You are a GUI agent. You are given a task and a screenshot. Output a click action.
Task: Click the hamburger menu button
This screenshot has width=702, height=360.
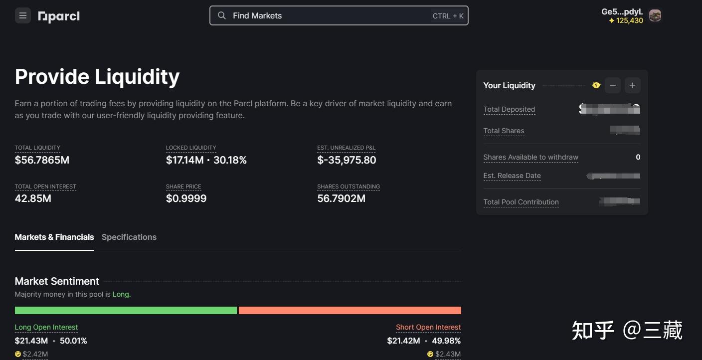pyautogui.click(x=22, y=16)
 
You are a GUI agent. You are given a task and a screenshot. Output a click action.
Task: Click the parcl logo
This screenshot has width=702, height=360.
pyautogui.click(x=59, y=16)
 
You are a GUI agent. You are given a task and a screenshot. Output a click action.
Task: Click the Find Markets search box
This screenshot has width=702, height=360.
pyautogui.click(x=339, y=15)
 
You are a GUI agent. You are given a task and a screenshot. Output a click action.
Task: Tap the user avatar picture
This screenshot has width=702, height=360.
pyautogui.click(x=655, y=15)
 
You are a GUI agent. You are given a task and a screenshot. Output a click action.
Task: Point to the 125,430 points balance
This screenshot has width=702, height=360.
pyautogui.click(x=626, y=20)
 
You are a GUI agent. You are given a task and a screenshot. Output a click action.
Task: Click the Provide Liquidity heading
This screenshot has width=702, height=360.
pyautogui.click(x=97, y=77)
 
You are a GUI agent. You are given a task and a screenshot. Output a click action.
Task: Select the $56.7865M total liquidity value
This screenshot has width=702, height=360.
pyautogui.click(x=42, y=160)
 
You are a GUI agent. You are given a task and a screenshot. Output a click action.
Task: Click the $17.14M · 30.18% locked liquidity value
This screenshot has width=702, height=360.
pyautogui.click(x=206, y=160)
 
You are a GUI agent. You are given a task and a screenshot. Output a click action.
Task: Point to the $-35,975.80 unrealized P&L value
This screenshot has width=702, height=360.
pyautogui.click(x=347, y=160)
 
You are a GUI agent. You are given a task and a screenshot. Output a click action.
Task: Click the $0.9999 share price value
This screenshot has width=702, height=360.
pyautogui.click(x=186, y=198)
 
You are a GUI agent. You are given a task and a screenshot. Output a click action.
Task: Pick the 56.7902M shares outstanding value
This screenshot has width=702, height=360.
pyautogui.click(x=341, y=198)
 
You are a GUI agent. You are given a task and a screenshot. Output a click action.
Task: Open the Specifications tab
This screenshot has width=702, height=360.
pyautogui.click(x=129, y=237)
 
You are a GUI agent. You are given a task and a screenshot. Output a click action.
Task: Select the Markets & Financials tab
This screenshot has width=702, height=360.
pyautogui.click(x=54, y=237)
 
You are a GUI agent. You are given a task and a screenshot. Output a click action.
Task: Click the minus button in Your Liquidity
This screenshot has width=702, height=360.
pyautogui.click(x=613, y=85)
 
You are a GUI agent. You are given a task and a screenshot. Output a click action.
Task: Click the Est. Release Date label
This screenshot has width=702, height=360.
pyautogui.click(x=512, y=176)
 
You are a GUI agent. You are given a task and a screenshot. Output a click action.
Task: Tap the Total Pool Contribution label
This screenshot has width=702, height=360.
pyautogui.click(x=521, y=202)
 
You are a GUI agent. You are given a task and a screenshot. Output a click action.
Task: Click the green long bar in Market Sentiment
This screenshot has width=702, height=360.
pyautogui.click(x=126, y=311)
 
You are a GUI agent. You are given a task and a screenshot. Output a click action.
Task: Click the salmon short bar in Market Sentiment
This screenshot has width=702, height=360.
pyautogui.click(x=350, y=311)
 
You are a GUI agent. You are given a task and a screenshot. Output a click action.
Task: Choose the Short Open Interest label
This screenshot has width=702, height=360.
pyautogui.click(x=428, y=328)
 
